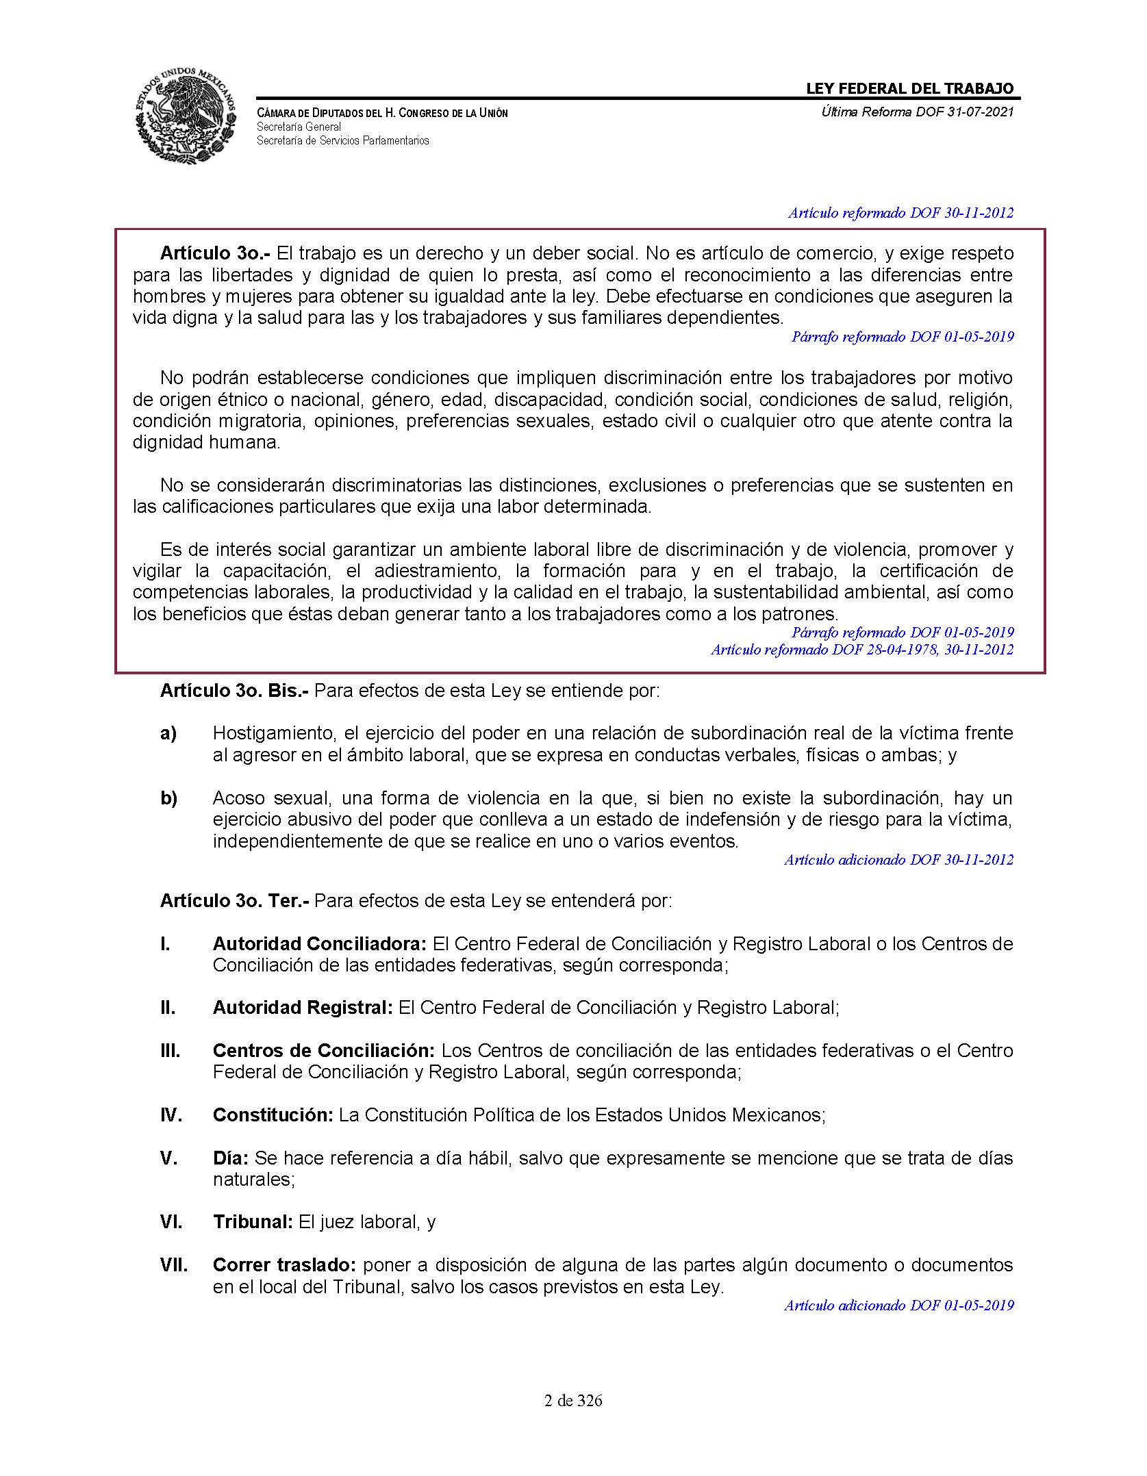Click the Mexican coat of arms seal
tap(186, 116)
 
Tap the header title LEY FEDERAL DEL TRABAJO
tap(909, 88)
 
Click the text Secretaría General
tap(299, 127)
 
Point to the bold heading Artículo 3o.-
tap(215, 253)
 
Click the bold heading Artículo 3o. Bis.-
tap(234, 691)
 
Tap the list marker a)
tap(168, 733)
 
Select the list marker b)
tap(168, 798)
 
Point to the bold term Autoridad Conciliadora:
tap(319, 944)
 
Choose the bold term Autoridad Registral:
tap(302, 1008)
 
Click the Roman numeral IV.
tap(171, 1115)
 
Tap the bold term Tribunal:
tap(253, 1222)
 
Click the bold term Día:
tap(230, 1158)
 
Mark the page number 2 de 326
tap(573, 1401)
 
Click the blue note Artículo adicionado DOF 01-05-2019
tap(898, 1306)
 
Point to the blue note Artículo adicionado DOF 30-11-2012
tap(898, 860)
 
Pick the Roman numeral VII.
tap(174, 1265)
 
